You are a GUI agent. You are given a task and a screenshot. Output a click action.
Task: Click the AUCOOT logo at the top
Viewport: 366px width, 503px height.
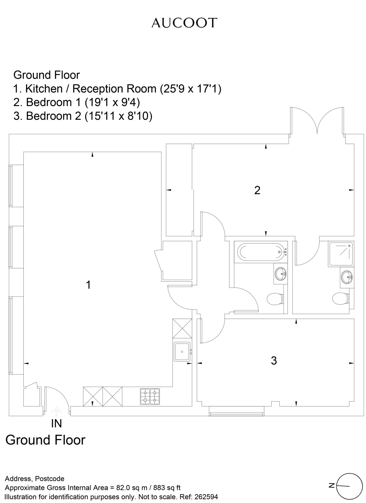tap(184, 23)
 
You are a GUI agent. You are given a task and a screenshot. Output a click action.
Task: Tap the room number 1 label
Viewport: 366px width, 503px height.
tap(88, 285)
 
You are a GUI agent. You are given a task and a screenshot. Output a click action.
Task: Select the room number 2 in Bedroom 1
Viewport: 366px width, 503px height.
tap(257, 190)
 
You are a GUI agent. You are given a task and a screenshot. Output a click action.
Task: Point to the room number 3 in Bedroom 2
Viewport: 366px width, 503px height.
tap(274, 361)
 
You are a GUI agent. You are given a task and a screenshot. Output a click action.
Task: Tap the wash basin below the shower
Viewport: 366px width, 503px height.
tap(347, 277)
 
